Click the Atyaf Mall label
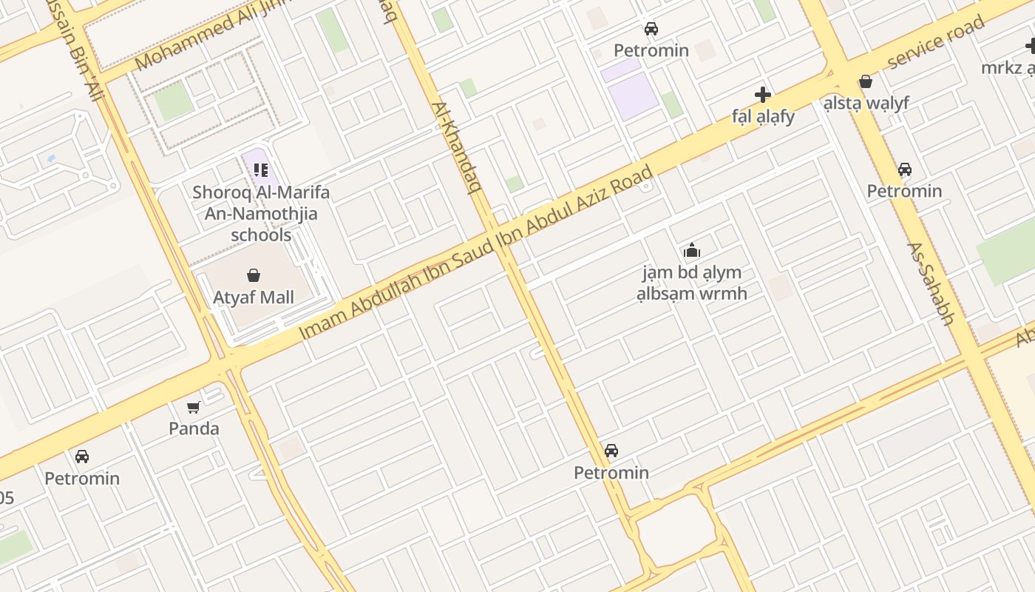[x=254, y=297]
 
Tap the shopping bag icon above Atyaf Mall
[x=254, y=276]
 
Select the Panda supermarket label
[x=194, y=428]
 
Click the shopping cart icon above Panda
[x=194, y=407]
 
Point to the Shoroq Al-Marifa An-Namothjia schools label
[x=261, y=214]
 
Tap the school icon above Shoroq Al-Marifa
[x=260, y=171]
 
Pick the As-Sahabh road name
[x=931, y=283]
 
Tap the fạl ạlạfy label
[x=763, y=116]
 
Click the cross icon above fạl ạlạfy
[x=763, y=95]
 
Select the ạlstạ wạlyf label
[x=866, y=103]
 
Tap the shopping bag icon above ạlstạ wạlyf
[x=866, y=81]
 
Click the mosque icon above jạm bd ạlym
[x=692, y=251]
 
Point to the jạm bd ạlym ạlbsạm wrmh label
[x=692, y=283]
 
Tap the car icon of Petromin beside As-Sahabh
[x=904, y=169]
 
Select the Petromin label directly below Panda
[x=82, y=478]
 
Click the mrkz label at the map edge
[x=1011, y=68]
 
